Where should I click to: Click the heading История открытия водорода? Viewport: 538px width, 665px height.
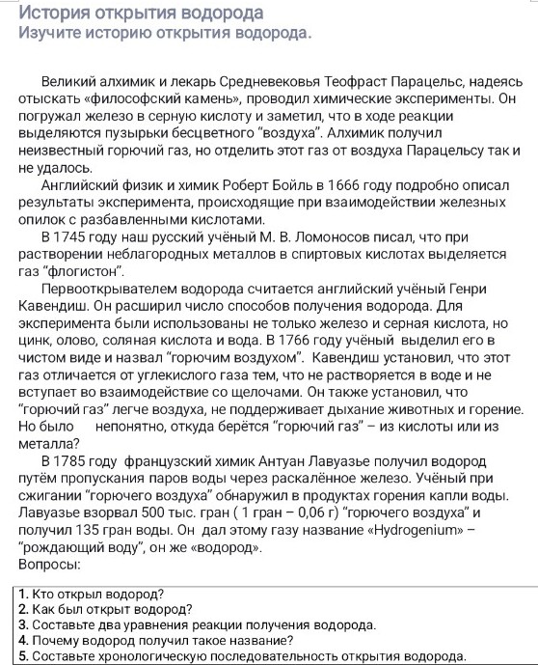pyautogui.click(x=141, y=13)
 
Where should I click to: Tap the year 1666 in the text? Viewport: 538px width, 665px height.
pyautogui.click(x=343, y=184)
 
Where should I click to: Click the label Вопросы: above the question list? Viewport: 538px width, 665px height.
pyautogui.click(x=47, y=564)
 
